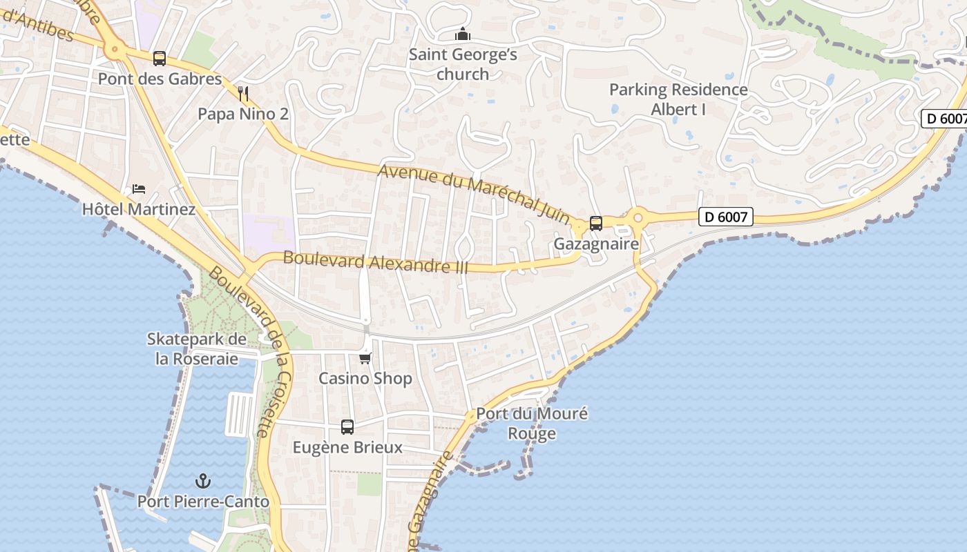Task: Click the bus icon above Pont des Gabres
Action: click(160, 59)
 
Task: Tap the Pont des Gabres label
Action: click(160, 79)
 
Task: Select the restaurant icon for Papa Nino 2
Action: click(242, 93)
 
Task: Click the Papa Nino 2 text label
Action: click(243, 114)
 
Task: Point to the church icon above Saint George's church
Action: click(462, 34)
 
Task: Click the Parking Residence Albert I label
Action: click(678, 99)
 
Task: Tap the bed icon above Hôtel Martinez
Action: click(139, 189)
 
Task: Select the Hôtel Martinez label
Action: click(139, 209)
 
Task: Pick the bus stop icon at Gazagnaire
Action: click(595, 224)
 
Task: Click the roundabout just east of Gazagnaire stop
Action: click(638, 219)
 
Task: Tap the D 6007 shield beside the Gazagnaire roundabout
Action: click(725, 217)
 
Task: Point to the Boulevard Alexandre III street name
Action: click(376, 262)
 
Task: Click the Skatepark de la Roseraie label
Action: click(196, 349)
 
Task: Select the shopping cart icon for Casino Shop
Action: click(365, 358)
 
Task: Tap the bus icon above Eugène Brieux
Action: click(347, 427)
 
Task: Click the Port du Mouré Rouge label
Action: click(532, 424)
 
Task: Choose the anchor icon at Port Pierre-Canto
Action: click(203, 481)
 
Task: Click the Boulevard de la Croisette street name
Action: click(245, 352)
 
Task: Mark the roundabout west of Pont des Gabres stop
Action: click(115, 49)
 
